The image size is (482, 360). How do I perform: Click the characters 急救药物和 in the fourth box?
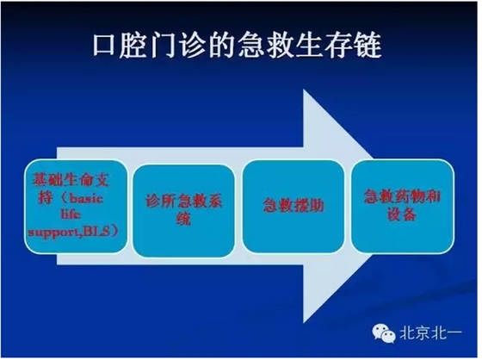(x=397, y=196)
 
